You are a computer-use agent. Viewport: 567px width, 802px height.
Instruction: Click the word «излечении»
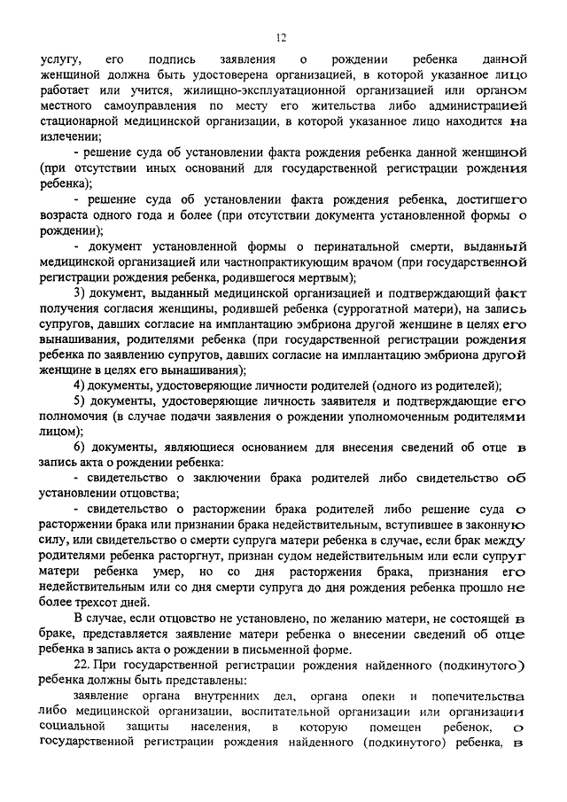coord(71,137)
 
